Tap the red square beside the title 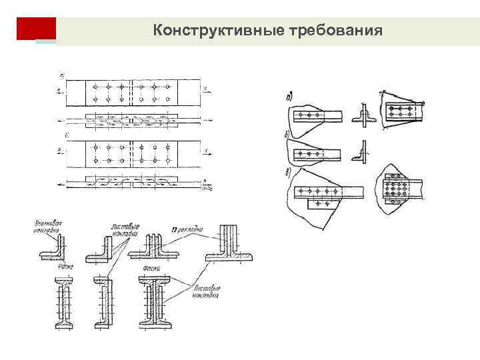click(36, 29)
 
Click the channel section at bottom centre click(106, 304)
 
